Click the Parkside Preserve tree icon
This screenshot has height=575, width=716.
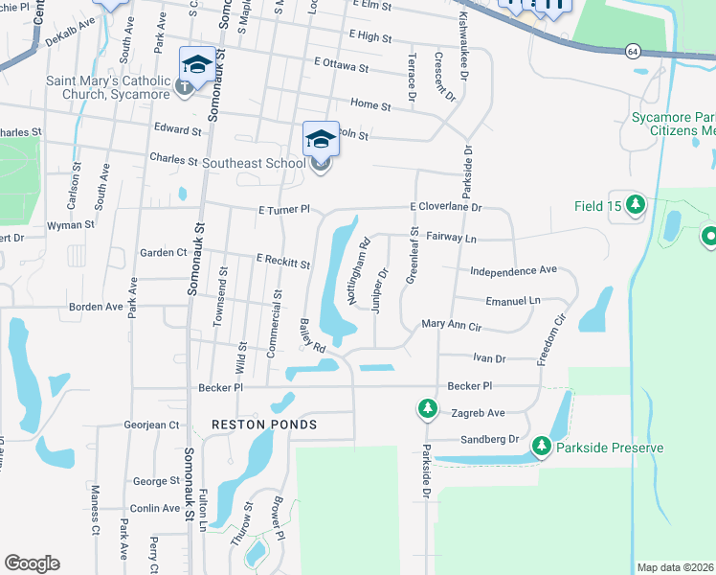[542, 447]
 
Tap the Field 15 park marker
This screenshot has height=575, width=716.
[637, 205]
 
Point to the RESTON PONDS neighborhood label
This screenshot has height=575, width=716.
[263, 425]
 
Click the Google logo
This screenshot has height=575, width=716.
[32, 563]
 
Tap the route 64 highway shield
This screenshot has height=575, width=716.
[633, 50]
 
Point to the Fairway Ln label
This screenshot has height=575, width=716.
[451, 236]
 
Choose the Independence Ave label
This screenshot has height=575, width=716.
[513, 270]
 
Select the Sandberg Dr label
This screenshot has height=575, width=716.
[486, 439]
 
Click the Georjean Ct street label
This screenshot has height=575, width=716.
[151, 425]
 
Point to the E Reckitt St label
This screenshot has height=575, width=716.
[282, 262]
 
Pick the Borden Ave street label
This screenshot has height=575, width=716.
[96, 308]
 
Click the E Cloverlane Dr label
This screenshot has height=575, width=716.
[444, 206]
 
